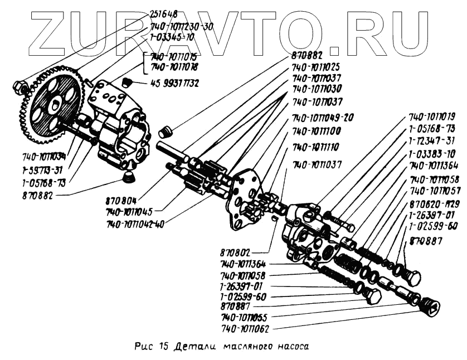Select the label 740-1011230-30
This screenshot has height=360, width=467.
pyautogui.click(x=182, y=26)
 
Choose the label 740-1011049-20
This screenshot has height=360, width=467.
pyautogui.click(x=324, y=117)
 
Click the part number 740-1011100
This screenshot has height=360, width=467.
pyautogui.click(x=317, y=132)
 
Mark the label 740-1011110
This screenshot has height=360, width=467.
pyautogui.click(x=317, y=147)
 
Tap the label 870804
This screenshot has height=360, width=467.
pyautogui.click(x=121, y=198)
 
